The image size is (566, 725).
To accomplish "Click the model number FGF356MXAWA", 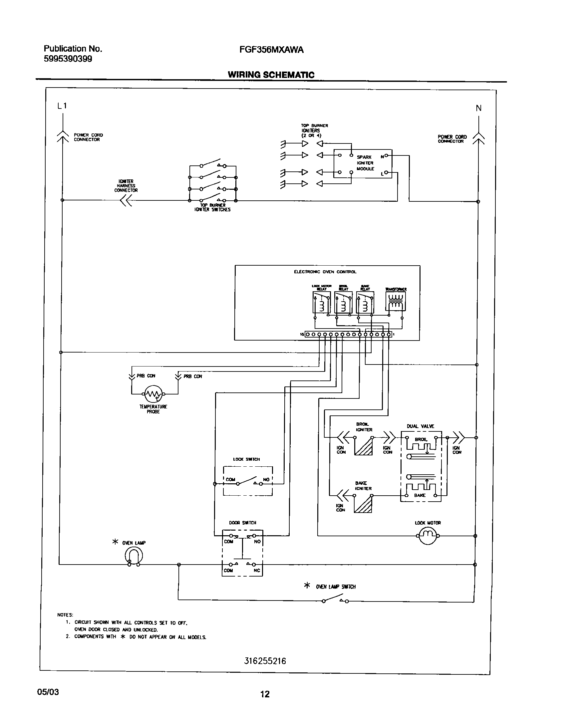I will click(271, 50).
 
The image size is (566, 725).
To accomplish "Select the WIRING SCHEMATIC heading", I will click(271, 75).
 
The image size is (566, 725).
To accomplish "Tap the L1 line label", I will click(62, 106).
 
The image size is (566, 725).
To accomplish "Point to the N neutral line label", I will click(478, 108).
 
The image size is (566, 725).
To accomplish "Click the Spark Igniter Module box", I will click(363, 163).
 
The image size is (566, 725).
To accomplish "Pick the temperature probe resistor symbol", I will click(153, 394).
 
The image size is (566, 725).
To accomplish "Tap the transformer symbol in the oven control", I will click(396, 302).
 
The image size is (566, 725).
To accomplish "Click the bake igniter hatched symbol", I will click(363, 504).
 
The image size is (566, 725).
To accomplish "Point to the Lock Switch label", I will click(246, 459).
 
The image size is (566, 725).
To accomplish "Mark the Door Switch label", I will click(242, 523).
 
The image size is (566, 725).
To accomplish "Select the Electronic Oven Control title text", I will click(325, 272).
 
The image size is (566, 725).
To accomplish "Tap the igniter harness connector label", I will click(126, 186).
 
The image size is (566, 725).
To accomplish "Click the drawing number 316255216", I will click(265, 661).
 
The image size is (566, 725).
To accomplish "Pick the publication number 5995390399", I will click(68, 59).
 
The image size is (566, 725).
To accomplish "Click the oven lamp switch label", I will click(336, 587).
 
